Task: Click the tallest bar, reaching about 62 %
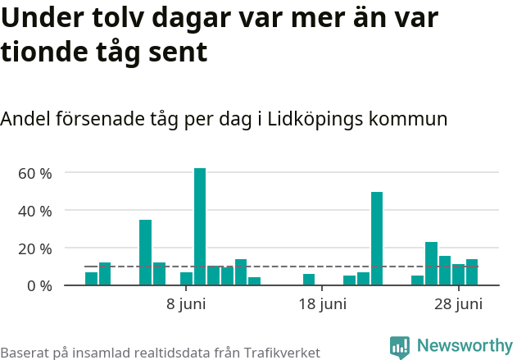click(x=200, y=226)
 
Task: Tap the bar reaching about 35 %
click(x=145, y=253)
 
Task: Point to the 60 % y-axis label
click(x=35, y=173)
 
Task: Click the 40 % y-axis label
click(x=35, y=211)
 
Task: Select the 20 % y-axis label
click(x=35, y=248)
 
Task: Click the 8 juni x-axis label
click(x=186, y=305)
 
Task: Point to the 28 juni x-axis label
click(x=457, y=305)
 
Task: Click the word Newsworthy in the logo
click(x=464, y=346)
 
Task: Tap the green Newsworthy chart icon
click(x=400, y=348)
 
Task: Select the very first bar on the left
click(x=91, y=279)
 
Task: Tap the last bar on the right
click(x=472, y=272)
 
